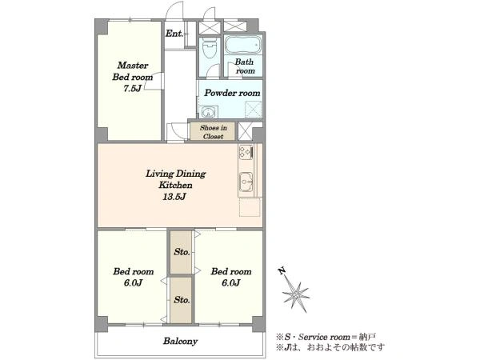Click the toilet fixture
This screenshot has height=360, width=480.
coord(210,48)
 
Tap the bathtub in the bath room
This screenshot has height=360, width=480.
coord(243,45)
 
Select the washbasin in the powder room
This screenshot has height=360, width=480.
coord(209,112)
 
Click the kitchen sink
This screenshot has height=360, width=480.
coord(246,182)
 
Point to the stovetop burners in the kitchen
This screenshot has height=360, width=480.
coord(246,152)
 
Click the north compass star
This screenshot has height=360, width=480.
coord(295,294)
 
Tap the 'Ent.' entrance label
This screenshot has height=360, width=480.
coord(174,34)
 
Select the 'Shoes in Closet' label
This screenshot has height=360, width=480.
coord(213,132)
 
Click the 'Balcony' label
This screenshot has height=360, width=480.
coord(180,341)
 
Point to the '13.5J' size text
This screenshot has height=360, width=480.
coord(174,196)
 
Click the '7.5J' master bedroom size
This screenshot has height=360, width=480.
coord(132,88)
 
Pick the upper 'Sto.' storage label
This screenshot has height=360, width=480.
coord(182,252)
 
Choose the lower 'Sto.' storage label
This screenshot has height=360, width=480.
coord(182,300)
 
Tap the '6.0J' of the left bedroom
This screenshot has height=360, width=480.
coord(133,282)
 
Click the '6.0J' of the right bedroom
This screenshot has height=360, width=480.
coord(231,282)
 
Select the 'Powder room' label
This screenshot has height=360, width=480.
coord(232,93)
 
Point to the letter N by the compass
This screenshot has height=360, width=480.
coord(282,271)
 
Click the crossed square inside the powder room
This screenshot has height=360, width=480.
coord(253,110)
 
